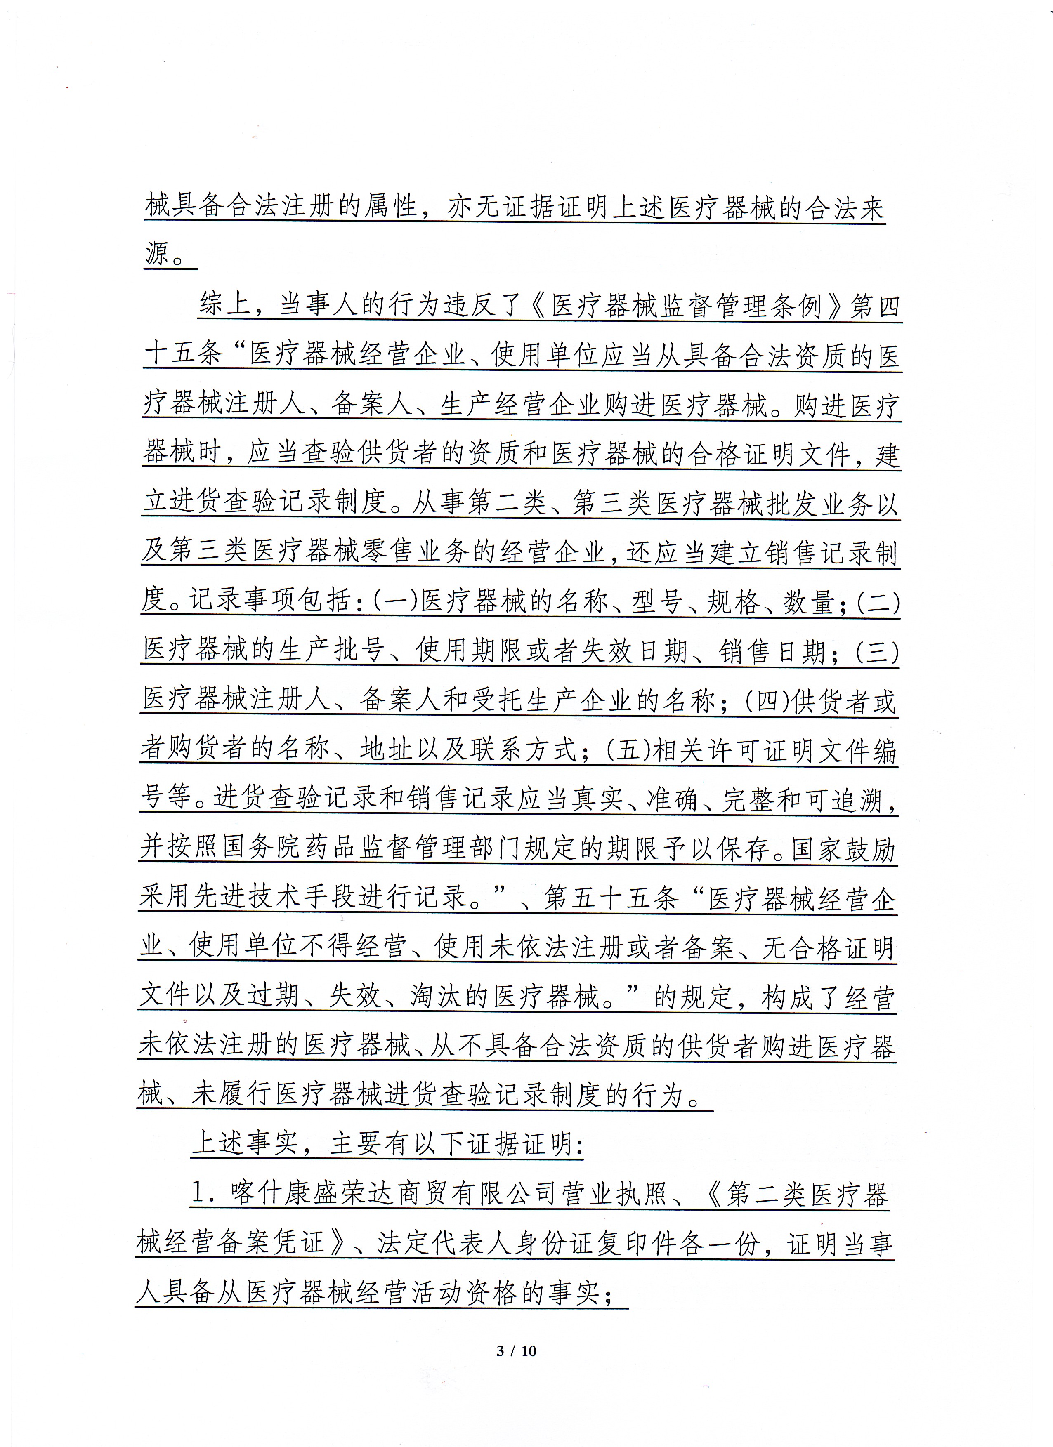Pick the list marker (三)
click(878, 651)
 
